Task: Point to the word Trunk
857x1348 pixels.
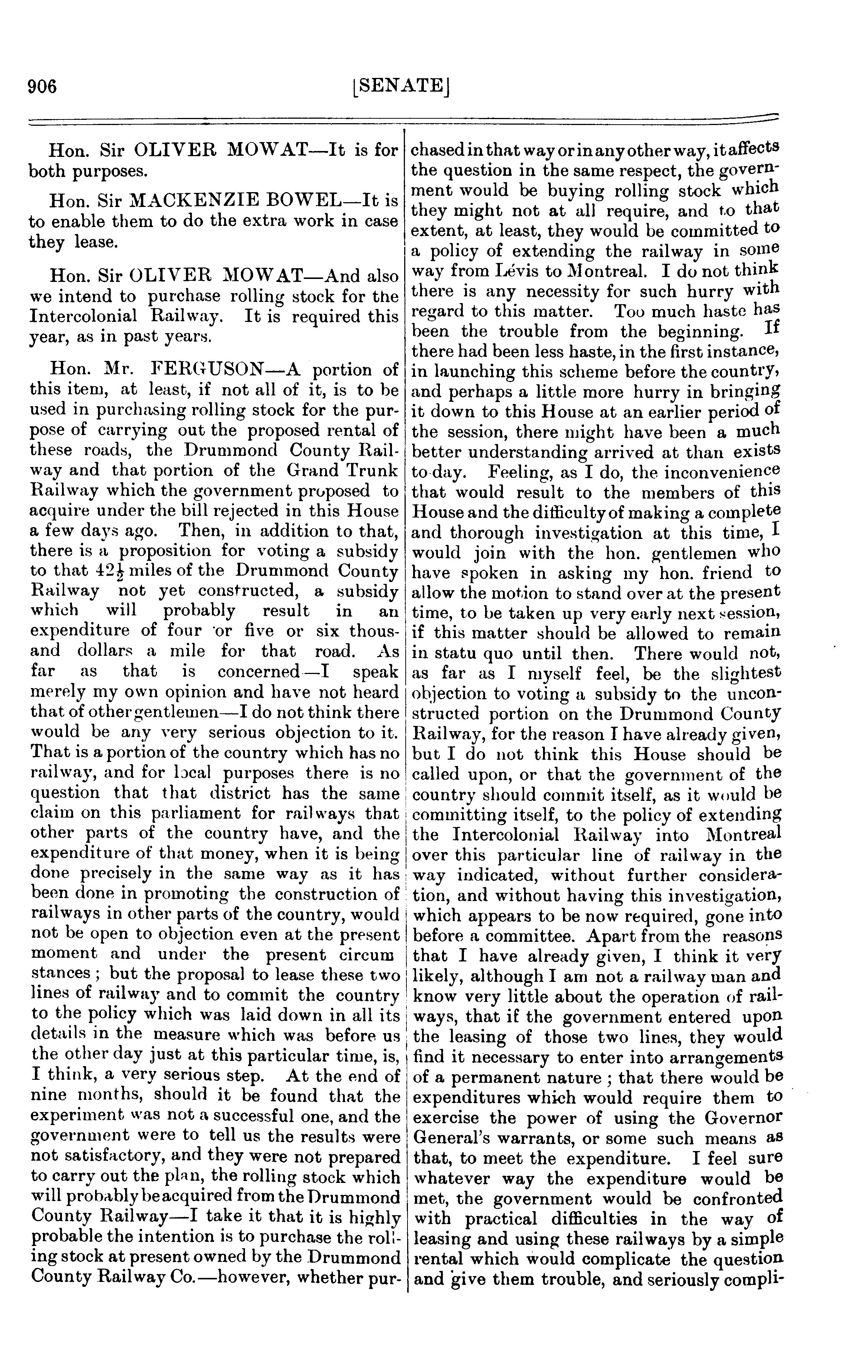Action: pyautogui.click(x=372, y=470)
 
